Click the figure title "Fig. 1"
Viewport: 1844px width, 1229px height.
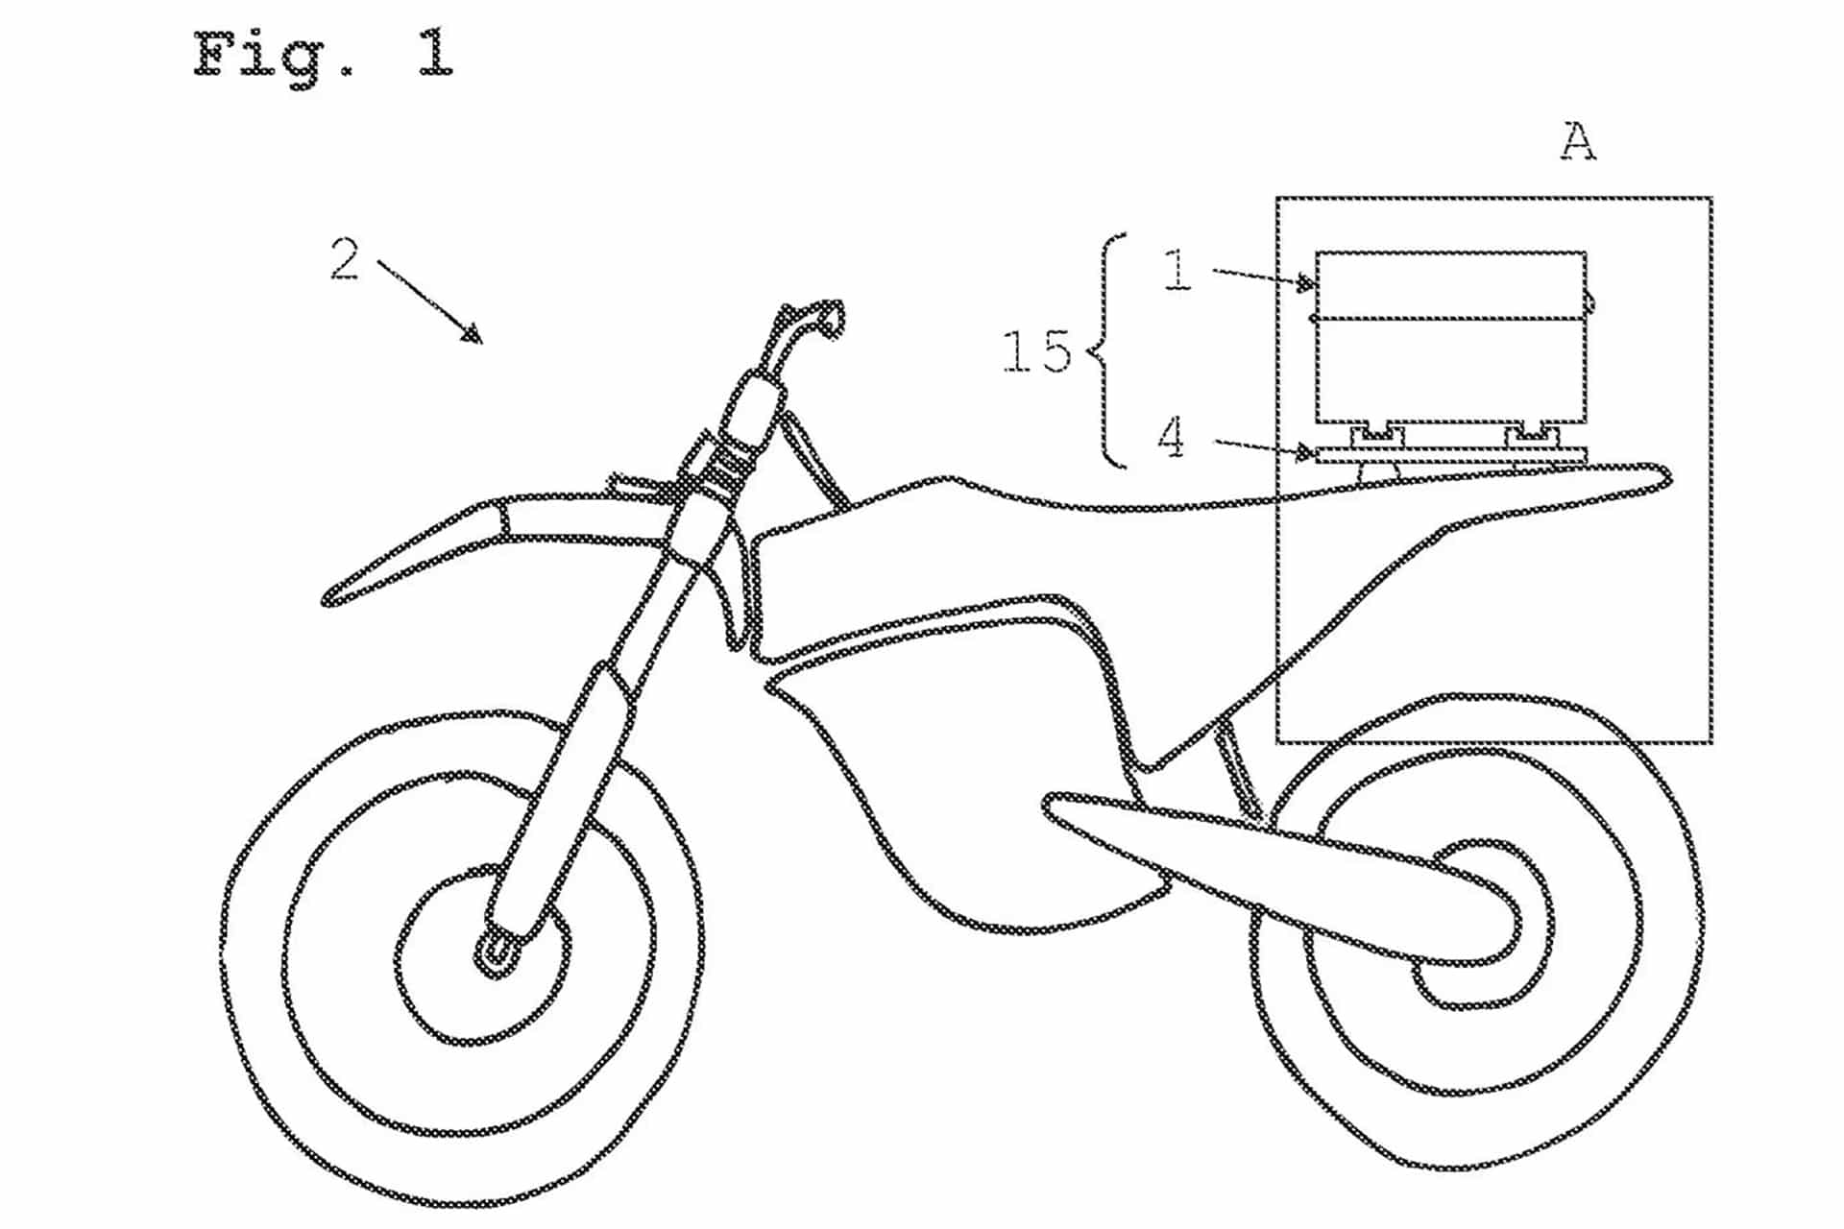click(323, 55)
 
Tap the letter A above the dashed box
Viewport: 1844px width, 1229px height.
click(1578, 142)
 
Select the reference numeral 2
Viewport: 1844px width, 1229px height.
click(345, 258)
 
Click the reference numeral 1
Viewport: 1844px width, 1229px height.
click(1177, 270)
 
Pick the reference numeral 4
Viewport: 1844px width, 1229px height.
click(1172, 439)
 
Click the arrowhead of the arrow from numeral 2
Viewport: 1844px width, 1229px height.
click(473, 334)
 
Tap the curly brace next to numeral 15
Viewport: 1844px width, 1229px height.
click(1107, 351)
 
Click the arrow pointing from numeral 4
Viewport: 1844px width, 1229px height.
click(1264, 446)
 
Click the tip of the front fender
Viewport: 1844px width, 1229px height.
click(331, 599)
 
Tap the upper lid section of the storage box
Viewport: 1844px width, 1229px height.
click(1450, 285)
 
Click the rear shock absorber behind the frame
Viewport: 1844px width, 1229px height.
click(1239, 768)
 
